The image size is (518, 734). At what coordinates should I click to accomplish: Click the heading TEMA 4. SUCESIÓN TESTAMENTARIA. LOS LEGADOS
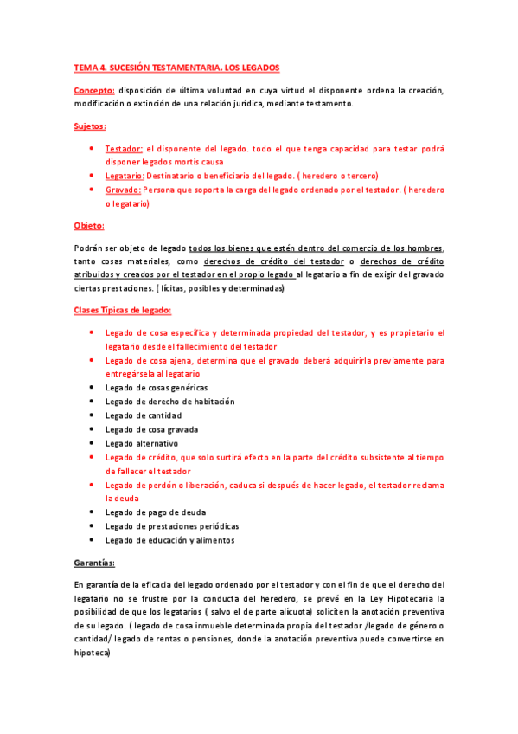176,68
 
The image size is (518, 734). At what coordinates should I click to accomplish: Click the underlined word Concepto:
95,90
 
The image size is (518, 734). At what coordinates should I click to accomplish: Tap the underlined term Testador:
125,148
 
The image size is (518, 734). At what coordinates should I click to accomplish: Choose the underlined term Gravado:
123,190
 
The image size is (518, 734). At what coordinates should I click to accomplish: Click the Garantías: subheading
99,563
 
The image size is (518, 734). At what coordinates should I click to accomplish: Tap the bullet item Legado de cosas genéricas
157,387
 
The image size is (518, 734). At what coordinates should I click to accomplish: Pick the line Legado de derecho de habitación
169,402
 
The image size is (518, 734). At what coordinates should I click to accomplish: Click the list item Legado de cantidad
144,415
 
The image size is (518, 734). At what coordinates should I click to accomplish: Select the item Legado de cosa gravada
151,429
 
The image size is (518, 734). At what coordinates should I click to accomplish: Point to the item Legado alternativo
142,443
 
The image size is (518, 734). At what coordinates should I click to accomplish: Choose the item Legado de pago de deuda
156,512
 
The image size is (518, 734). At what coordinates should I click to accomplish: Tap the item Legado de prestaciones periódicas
172,526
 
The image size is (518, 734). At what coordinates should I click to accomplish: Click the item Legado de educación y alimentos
169,540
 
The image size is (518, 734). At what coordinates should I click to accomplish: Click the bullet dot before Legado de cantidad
92,415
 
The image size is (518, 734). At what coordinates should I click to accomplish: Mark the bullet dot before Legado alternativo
92,443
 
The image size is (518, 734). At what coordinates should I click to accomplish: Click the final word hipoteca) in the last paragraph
93,655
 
